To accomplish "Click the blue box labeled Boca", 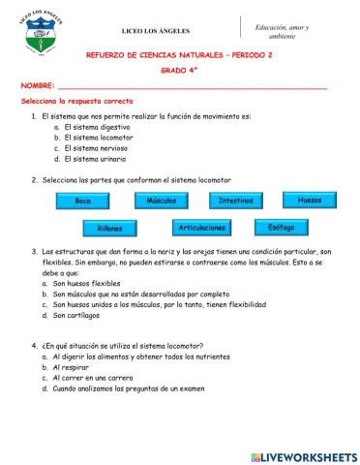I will (82, 201).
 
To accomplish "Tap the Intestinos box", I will (236, 200).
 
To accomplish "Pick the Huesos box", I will (309, 199).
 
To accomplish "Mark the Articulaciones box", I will (202, 228).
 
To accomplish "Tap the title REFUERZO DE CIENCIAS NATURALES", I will (179, 56).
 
